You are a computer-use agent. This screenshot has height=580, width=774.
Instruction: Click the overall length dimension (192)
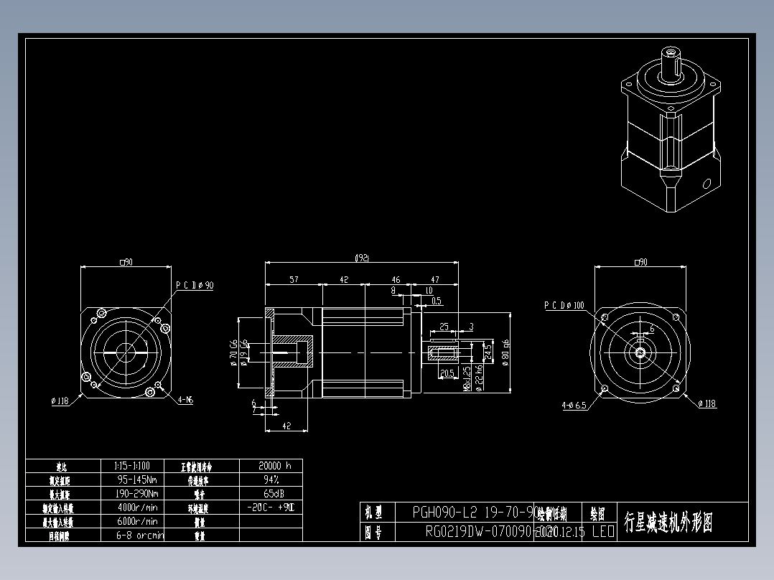(x=362, y=258)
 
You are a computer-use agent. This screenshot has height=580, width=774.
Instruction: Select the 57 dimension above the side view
(x=294, y=280)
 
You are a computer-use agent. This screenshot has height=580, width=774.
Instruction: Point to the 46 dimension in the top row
(x=396, y=280)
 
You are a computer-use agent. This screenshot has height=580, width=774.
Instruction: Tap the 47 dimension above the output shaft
(x=434, y=280)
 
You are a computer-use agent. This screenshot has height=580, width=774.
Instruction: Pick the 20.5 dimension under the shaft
(x=447, y=373)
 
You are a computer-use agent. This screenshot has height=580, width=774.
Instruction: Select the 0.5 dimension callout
(x=436, y=301)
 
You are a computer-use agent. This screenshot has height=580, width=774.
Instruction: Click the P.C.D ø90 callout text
(x=195, y=285)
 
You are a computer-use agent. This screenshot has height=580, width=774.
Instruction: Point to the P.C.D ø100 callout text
(x=564, y=306)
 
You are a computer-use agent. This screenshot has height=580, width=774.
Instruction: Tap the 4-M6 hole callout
(x=185, y=401)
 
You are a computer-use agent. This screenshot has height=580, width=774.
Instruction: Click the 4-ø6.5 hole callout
(x=574, y=405)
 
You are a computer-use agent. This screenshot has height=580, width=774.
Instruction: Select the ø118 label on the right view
(x=707, y=404)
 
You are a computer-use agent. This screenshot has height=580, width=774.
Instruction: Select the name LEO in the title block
(x=602, y=533)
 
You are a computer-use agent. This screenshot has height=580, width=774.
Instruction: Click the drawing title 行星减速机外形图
(x=668, y=522)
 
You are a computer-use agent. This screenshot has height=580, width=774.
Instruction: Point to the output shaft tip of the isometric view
(x=672, y=53)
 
